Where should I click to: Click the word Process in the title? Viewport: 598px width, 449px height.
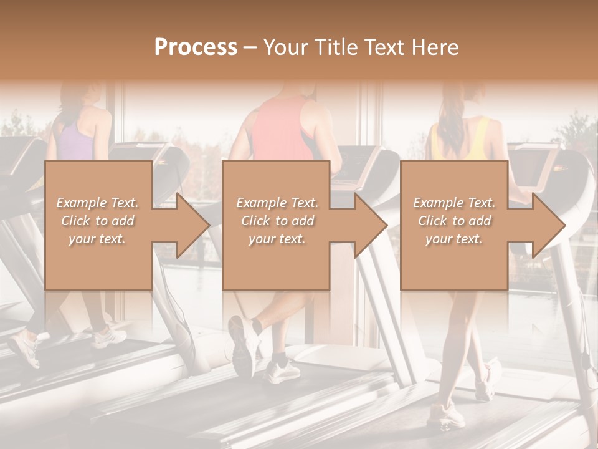pos(196,47)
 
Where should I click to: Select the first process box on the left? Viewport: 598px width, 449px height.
pos(98,262)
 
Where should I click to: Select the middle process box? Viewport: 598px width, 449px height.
pos(276,262)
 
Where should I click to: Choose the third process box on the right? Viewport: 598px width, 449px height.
pos(453,262)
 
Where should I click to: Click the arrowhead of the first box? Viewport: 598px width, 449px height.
pos(191,225)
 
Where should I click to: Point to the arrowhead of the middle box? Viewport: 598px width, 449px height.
pos(368,225)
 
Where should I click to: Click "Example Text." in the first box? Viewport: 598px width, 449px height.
pos(97,202)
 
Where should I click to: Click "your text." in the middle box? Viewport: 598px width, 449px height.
pos(277,239)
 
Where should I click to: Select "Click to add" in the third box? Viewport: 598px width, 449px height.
pos(454,221)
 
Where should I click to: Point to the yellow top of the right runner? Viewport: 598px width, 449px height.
pos(476,140)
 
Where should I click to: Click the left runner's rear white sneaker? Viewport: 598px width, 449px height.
pos(26,349)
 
